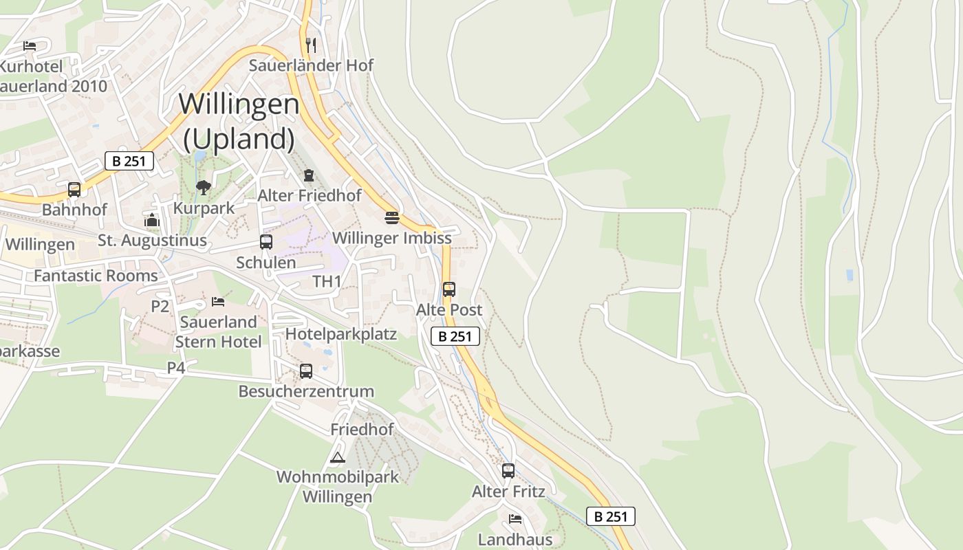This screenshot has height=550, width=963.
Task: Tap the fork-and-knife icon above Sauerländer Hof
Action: click(311, 45)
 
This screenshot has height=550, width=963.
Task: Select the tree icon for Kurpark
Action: click(204, 188)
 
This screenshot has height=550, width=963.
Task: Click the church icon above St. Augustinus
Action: click(152, 220)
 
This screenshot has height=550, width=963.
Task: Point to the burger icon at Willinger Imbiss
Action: click(392, 218)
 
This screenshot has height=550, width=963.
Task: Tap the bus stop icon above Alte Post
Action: click(449, 289)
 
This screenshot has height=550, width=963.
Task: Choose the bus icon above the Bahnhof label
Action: click(74, 189)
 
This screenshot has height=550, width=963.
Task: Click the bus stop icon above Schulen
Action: click(266, 242)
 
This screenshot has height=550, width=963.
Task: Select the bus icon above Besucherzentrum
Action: click(306, 371)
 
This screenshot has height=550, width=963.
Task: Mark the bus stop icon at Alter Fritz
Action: click(508, 471)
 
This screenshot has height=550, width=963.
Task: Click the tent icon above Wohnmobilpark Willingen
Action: click(337, 457)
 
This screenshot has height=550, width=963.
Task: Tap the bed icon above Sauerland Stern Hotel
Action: click(218, 301)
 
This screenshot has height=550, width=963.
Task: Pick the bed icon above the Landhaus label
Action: click(515, 518)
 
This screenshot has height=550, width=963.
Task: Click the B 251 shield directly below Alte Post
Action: click(455, 336)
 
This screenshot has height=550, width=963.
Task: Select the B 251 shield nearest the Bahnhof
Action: click(129, 162)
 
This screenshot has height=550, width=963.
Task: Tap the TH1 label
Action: click(327, 281)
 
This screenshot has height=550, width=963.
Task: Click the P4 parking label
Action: click(176, 368)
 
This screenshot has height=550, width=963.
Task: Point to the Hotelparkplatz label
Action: click(341, 334)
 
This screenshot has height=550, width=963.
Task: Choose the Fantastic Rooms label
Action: click(96, 276)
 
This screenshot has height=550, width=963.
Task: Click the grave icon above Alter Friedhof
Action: click(309, 175)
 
